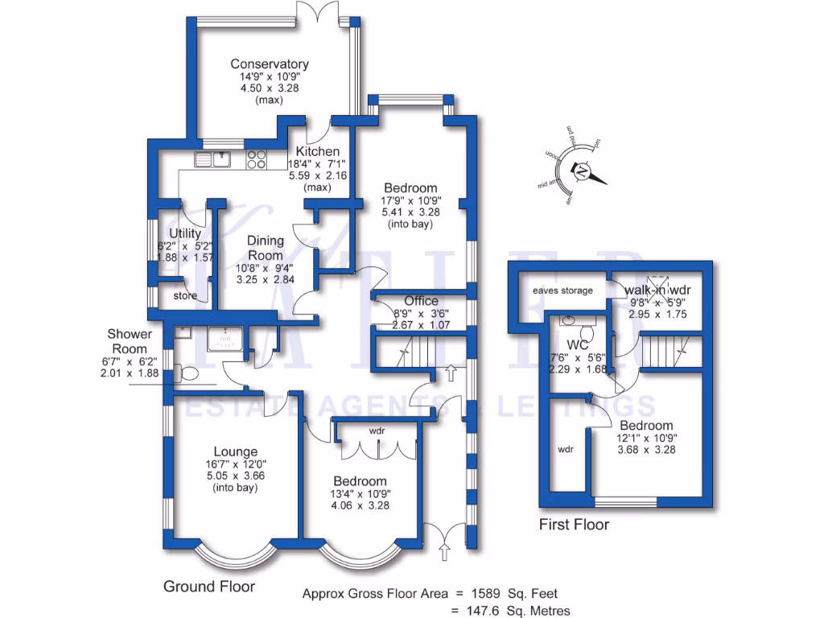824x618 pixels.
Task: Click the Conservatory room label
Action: [270, 64]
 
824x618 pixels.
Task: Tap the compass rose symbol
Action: [580, 171]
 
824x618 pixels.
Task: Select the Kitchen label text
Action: [317, 151]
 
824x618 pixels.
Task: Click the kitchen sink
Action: [212, 159]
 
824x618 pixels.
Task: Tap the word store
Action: [184, 295]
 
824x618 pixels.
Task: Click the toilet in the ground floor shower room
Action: [188, 374]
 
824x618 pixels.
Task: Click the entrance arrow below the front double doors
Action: [443, 552]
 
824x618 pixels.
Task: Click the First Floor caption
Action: [574, 525]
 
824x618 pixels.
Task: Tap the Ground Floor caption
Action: [209, 587]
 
